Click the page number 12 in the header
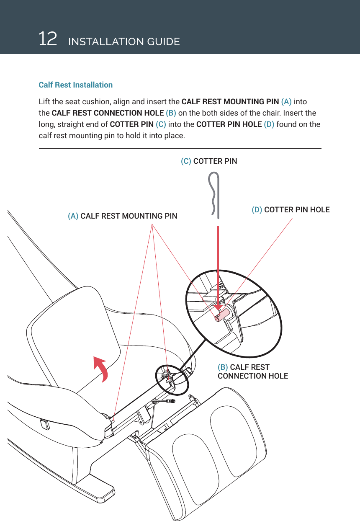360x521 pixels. click(48, 39)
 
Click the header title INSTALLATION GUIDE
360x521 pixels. click(123, 42)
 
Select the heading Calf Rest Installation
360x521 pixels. click(75, 85)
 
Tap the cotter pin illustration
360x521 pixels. click(215, 195)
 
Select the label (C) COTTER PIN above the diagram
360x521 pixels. click(208, 161)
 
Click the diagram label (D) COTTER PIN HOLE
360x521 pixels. click(290, 209)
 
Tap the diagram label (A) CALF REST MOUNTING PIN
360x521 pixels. click(122, 216)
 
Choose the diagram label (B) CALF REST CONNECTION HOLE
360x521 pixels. click(252, 371)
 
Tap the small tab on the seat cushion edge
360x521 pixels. click(44, 424)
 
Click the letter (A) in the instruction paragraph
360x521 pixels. click(286, 102)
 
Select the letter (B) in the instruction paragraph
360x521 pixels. click(171, 113)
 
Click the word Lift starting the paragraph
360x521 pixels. click(44, 102)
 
